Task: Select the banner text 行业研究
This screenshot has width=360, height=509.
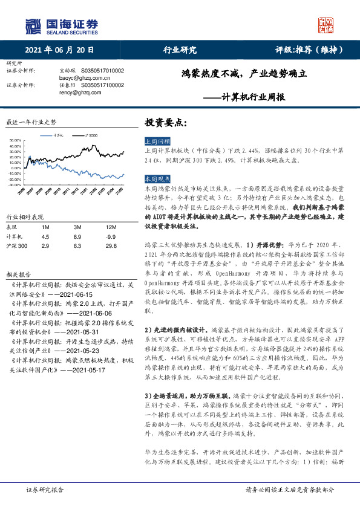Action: [180, 50]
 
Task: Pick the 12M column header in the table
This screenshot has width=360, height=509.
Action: [110, 226]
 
